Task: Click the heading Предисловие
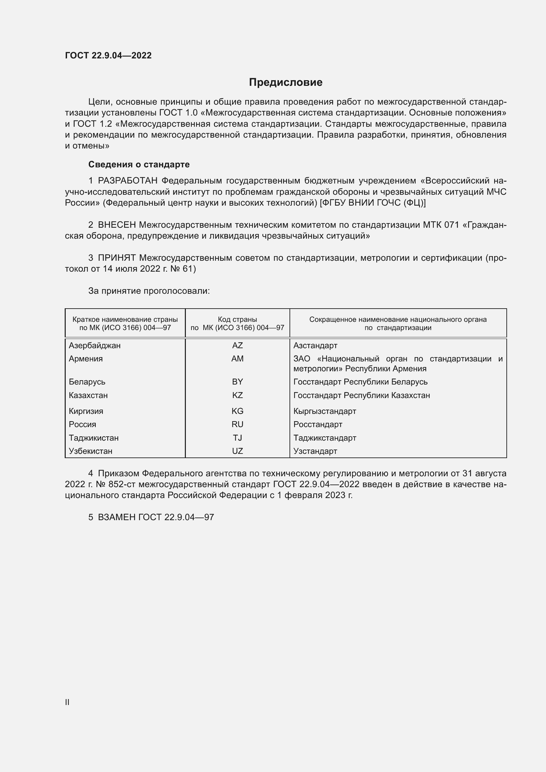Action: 286,83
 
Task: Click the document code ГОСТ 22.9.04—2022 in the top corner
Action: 108,55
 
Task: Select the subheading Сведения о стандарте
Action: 139,164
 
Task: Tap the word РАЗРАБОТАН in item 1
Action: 128,181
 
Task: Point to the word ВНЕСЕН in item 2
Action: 117,225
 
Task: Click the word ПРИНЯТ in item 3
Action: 117,258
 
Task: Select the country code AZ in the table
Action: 237,345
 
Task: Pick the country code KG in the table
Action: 237,411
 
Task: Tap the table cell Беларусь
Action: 87,382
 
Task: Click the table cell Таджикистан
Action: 94,438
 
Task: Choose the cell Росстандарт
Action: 318,424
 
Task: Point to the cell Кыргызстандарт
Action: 325,411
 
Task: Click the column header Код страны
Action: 237,319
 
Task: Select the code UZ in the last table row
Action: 237,451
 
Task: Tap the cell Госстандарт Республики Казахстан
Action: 361,395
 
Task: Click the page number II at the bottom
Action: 67,702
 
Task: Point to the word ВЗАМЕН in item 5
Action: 117,517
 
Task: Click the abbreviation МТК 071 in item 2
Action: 441,225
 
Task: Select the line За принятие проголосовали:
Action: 149,291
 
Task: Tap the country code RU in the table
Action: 237,424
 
